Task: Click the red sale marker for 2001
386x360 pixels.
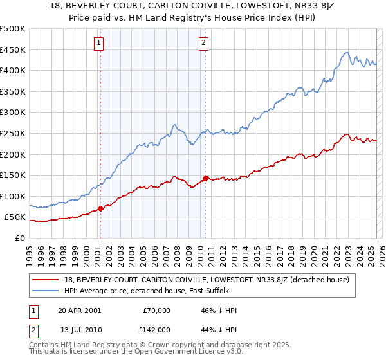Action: pos(100,208)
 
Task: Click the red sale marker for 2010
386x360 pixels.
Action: pos(205,178)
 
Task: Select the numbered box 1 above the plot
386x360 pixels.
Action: pos(100,44)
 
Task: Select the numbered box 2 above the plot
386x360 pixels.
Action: pos(203,44)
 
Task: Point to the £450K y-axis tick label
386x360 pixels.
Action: pos(13,50)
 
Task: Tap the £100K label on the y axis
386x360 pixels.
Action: pos(13,196)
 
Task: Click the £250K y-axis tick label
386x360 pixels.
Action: pos(13,133)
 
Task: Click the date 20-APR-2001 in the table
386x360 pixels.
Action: pos(79,310)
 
